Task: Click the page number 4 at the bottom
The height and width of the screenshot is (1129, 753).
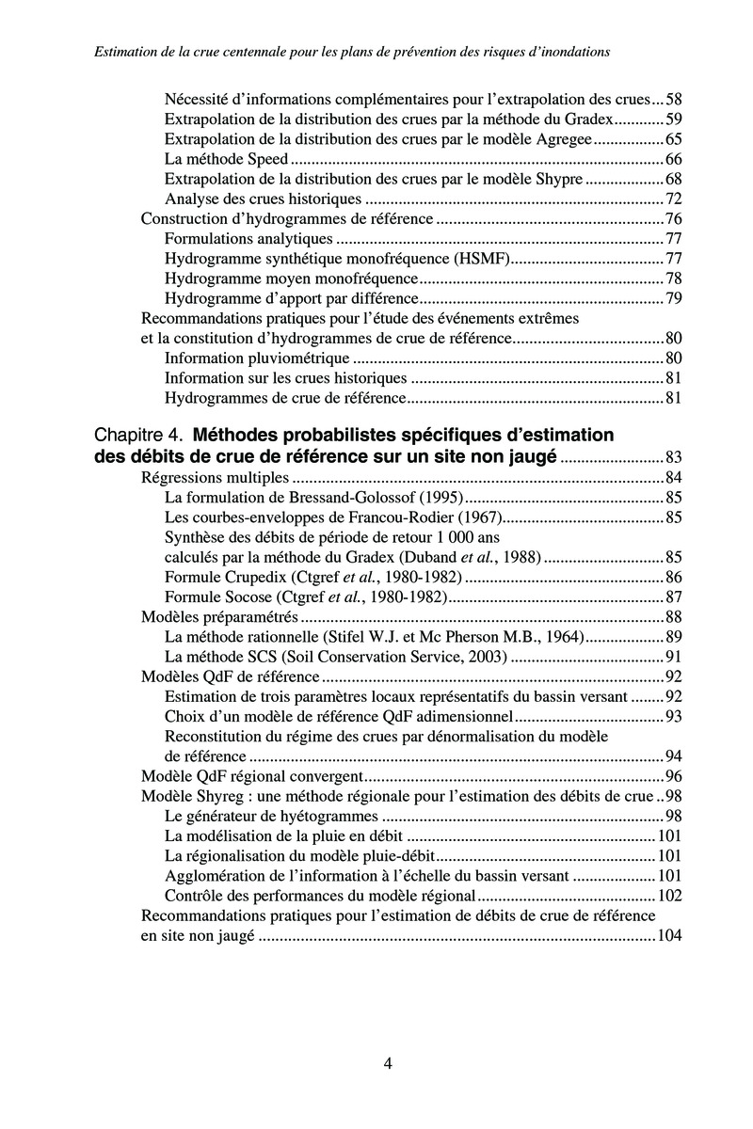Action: point(388,1064)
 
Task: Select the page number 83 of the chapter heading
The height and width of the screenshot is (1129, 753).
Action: point(672,457)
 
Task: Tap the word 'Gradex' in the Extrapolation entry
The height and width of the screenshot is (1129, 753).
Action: point(590,119)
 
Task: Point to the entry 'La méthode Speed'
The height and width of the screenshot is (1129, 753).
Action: point(226,159)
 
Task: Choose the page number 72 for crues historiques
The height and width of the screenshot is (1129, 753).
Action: point(672,199)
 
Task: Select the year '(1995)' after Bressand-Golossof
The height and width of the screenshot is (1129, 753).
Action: point(442,497)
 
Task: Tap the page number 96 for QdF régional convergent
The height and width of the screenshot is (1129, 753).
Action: point(672,776)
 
